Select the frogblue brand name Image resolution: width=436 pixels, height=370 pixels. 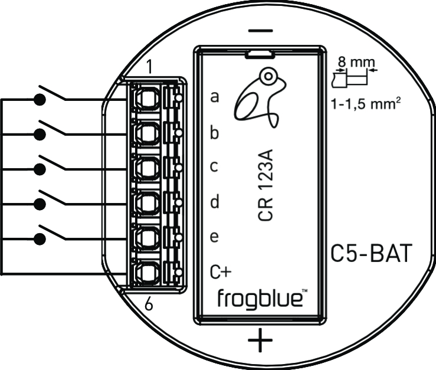260,297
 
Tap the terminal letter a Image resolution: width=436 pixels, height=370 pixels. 215,97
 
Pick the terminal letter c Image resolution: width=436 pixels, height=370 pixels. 215,167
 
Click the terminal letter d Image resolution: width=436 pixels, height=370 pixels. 215,202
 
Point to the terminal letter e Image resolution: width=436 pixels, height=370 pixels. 215,237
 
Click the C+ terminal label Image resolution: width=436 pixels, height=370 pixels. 221,271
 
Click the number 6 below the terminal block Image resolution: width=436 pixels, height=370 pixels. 149,304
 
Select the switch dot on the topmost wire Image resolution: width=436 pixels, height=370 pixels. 40,100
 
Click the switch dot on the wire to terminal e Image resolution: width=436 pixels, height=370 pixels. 40,238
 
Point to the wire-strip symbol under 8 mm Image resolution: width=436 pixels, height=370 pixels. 352,78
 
